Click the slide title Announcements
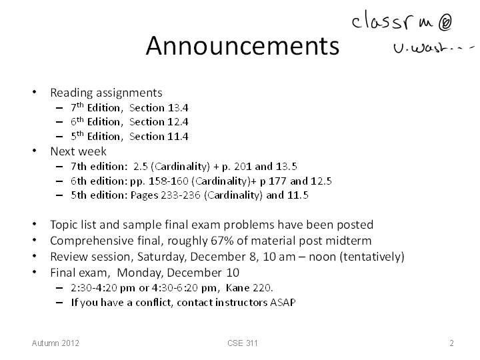pos(243,45)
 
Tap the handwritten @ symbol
pos(445,23)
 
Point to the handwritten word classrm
pos(393,20)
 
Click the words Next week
pos(79,151)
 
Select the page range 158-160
pos(169,181)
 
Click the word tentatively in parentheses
pos(372,257)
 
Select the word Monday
pos(139,273)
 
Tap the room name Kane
pos(237,288)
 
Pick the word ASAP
pos(283,303)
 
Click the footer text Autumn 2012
pos(55,343)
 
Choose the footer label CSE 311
pos(243,343)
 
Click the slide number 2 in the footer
pos(451,343)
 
